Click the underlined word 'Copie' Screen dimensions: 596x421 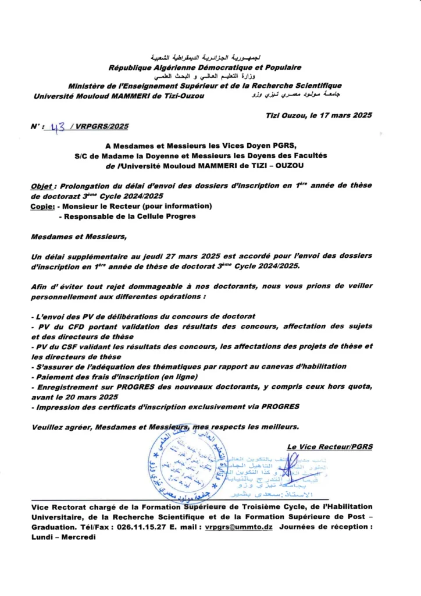pyautogui.click(x=42, y=206)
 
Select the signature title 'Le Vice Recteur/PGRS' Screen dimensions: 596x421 pyautogui.click(x=330, y=446)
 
